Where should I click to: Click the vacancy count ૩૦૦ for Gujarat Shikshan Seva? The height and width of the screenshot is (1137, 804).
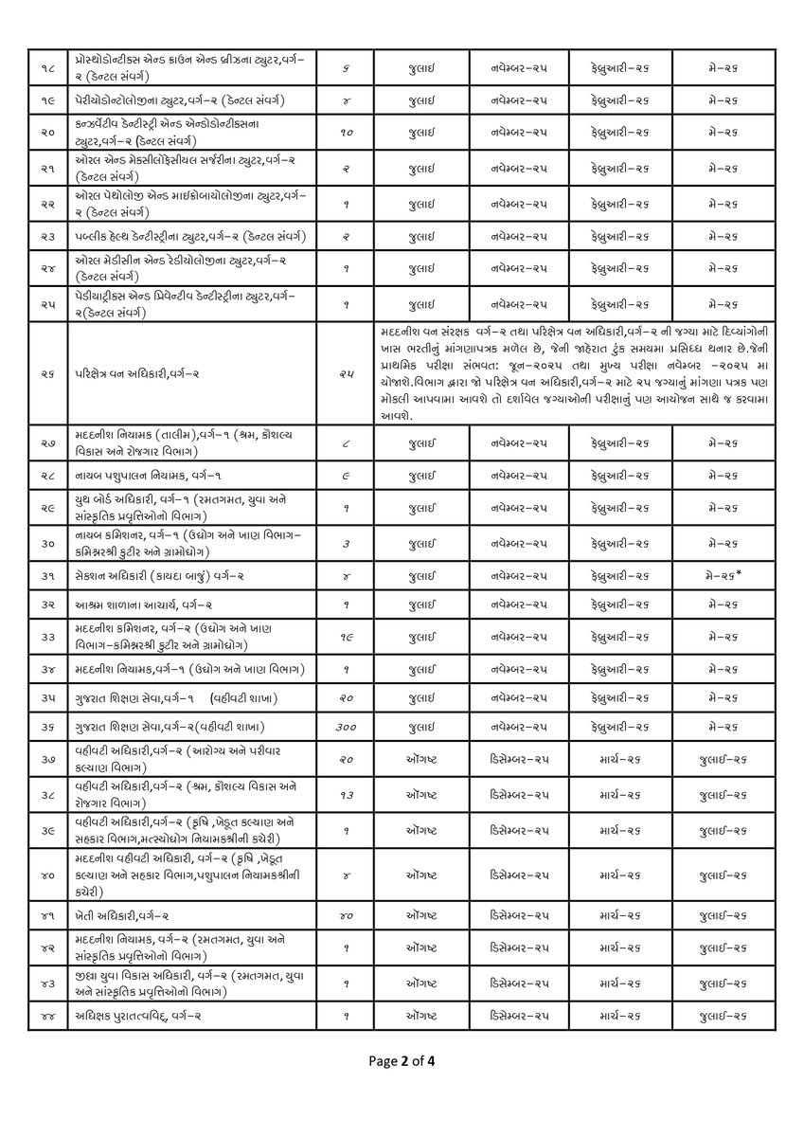346,726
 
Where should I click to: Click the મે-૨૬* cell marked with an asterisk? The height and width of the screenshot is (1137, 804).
725,576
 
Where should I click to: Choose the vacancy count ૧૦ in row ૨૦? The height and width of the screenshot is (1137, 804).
346,134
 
